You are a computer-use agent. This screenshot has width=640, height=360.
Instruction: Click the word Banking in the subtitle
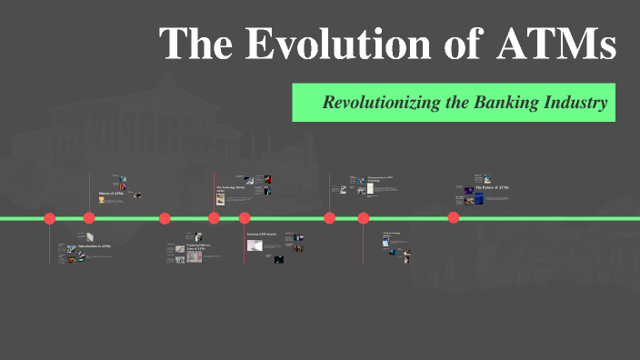[503, 102]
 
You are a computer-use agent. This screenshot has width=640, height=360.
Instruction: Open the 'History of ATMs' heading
[112, 195]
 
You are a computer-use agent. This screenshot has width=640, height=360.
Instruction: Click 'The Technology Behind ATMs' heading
[232, 189]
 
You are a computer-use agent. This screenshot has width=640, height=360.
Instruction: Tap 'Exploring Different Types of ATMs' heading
[197, 247]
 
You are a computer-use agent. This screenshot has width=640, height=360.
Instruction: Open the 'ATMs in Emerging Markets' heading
[391, 234]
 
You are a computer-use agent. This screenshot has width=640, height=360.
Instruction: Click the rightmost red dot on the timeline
[454, 217]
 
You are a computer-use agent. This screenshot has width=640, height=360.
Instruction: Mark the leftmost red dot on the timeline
[50, 218]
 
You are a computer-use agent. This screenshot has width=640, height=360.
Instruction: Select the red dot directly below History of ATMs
[89, 218]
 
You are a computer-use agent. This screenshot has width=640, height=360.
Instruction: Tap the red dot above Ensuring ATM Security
[245, 218]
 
